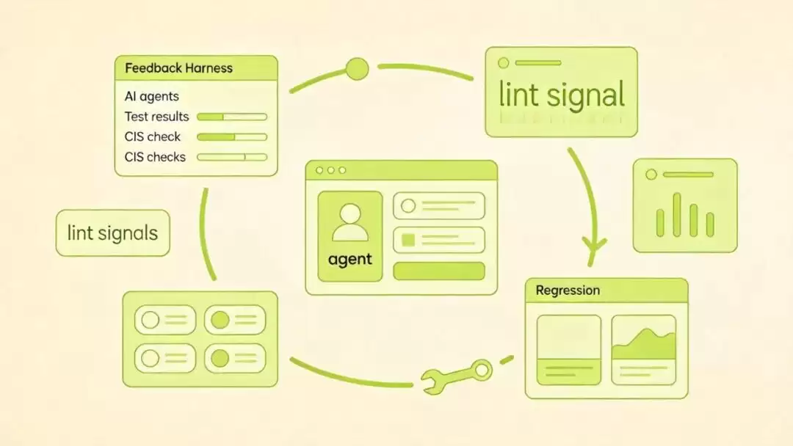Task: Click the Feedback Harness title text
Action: point(178,68)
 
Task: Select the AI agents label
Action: point(152,97)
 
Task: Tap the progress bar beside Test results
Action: point(231,117)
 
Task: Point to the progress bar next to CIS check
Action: point(231,137)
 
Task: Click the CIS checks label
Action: point(155,157)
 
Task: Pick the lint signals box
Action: point(113,233)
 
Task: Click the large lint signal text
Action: point(562,95)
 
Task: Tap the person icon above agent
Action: point(350,222)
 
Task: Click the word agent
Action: point(350,260)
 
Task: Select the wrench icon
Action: point(456,376)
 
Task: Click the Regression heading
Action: point(568,290)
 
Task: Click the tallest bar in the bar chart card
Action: point(677,215)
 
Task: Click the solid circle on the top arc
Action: point(357,69)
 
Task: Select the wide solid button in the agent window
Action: point(439,271)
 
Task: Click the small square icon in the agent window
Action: point(408,240)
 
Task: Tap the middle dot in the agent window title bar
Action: point(330,170)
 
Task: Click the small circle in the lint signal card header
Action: point(503,63)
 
